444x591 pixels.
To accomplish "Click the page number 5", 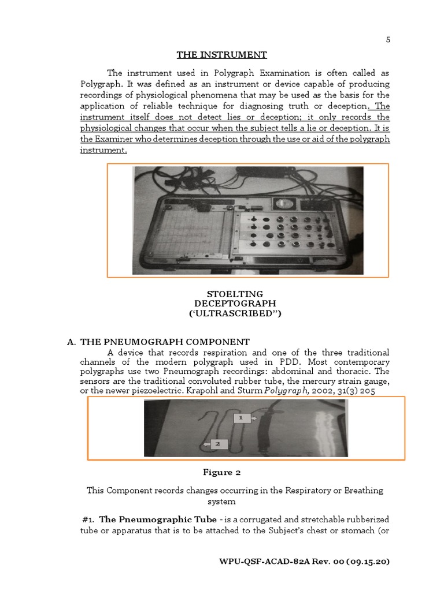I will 388,40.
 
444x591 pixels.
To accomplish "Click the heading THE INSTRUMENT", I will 221,55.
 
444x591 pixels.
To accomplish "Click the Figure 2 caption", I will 221,473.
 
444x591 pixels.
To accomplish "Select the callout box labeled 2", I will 217,444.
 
